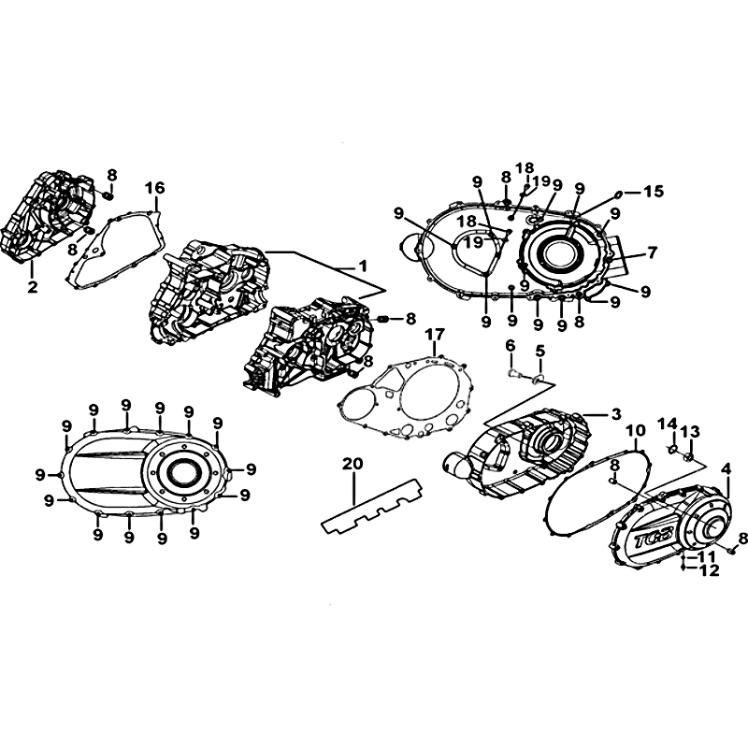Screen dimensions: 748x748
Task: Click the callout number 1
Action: tap(363, 266)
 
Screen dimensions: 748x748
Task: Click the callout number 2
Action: tap(32, 286)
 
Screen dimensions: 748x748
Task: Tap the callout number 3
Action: tap(616, 414)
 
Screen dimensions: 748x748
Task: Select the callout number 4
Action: tap(726, 469)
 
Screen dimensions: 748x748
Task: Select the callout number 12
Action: tap(710, 570)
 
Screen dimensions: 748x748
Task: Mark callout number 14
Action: tap(668, 424)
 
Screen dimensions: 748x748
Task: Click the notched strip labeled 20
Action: tap(372, 507)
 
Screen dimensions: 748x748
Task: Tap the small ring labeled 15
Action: tap(617, 194)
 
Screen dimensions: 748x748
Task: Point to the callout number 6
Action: tap(510, 345)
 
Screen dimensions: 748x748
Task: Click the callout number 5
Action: tap(539, 352)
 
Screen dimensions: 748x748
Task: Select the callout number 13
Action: tap(690, 432)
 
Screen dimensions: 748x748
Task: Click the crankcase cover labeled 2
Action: tap(48, 217)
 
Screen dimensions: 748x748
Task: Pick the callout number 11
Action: tap(707, 556)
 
